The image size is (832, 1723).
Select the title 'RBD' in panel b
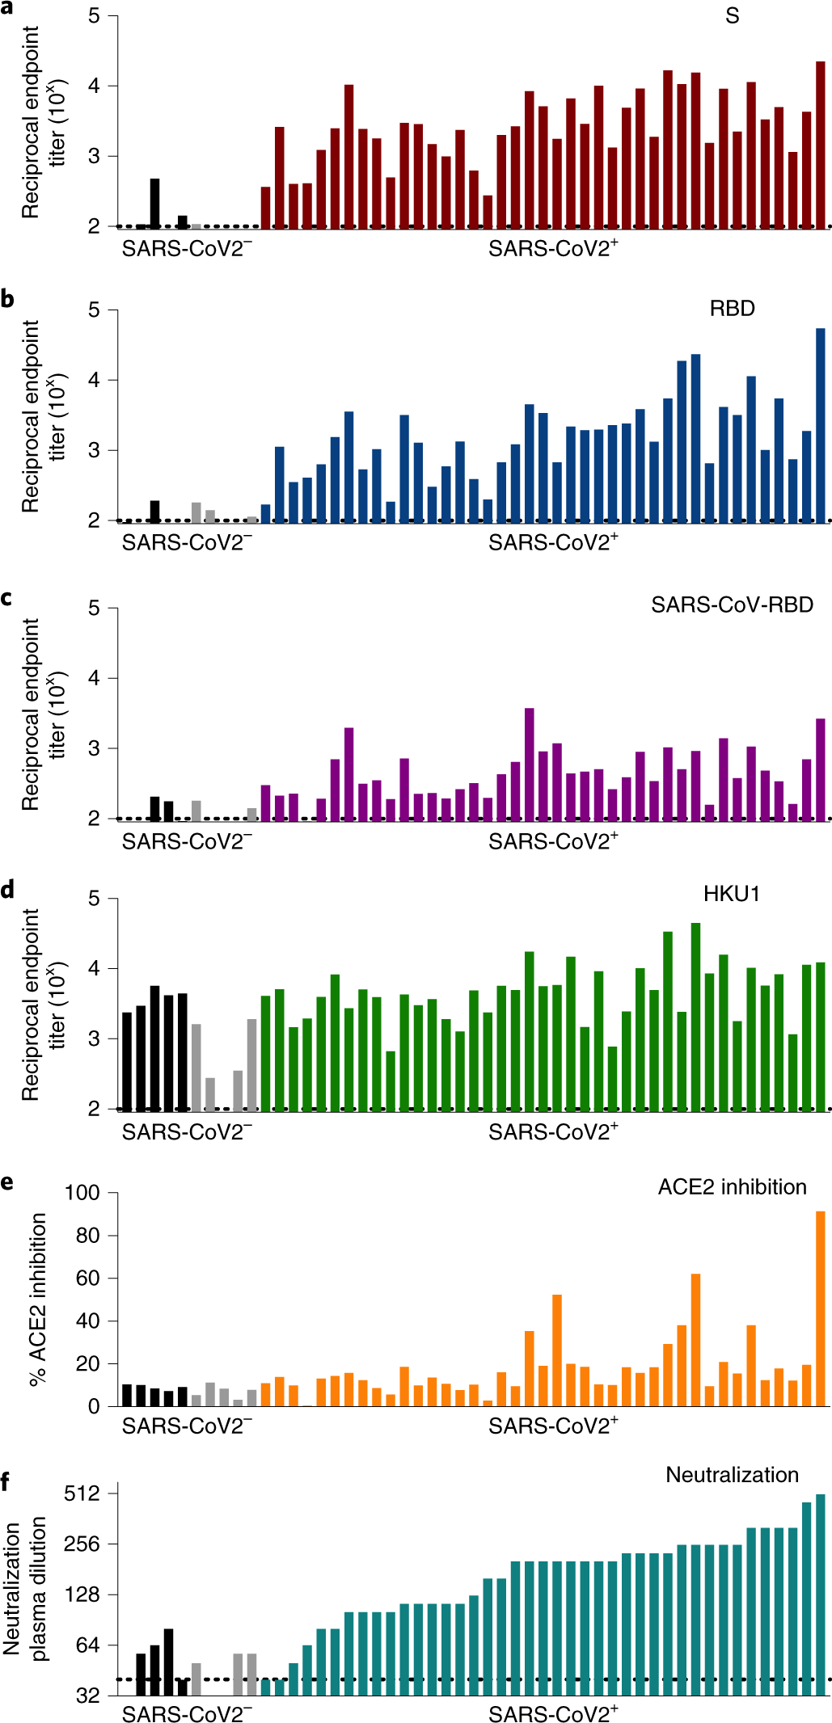(x=732, y=309)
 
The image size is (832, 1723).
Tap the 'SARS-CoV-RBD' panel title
(x=732, y=605)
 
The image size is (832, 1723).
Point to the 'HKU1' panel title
(x=731, y=894)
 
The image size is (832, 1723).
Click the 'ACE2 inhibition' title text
(x=732, y=1186)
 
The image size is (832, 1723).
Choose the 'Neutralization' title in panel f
(x=732, y=1475)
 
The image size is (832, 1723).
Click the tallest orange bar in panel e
(x=821, y=1309)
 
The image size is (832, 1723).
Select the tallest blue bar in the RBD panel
(x=821, y=424)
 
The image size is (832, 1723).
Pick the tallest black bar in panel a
(x=154, y=204)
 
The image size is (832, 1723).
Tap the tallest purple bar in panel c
(x=530, y=764)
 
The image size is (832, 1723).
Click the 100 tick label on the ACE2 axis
(x=82, y=1193)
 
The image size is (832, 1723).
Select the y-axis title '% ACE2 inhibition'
(x=37, y=1300)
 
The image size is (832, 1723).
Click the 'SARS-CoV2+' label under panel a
(x=553, y=248)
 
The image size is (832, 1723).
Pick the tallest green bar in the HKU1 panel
(x=695, y=1017)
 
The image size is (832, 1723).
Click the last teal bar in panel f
(x=821, y=1595)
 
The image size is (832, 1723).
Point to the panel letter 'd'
(x=7, y=890)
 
